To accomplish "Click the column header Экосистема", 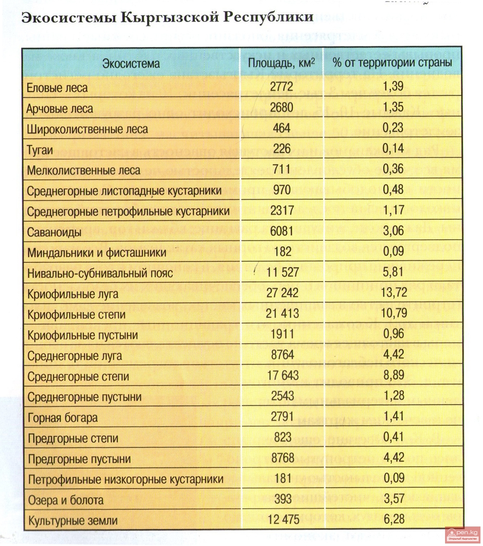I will tap(131, 64).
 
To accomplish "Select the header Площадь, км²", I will tap(281, 63).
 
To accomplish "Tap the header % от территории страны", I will tap(392, 63).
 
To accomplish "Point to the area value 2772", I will tap(281, 87).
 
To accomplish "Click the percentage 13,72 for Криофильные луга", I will tap(394, 293).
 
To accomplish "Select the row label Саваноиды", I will tap(54, 233).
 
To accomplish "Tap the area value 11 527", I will tap(282, 273).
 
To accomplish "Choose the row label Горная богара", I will tap(62, 418).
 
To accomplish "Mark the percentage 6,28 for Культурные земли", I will tap(394, 519).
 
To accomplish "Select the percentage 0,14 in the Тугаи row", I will tap(393, 148).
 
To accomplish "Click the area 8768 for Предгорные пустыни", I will tap(283, 458).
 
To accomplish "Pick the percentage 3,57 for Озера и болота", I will tap(394, 499).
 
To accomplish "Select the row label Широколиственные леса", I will tap(87, 129).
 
